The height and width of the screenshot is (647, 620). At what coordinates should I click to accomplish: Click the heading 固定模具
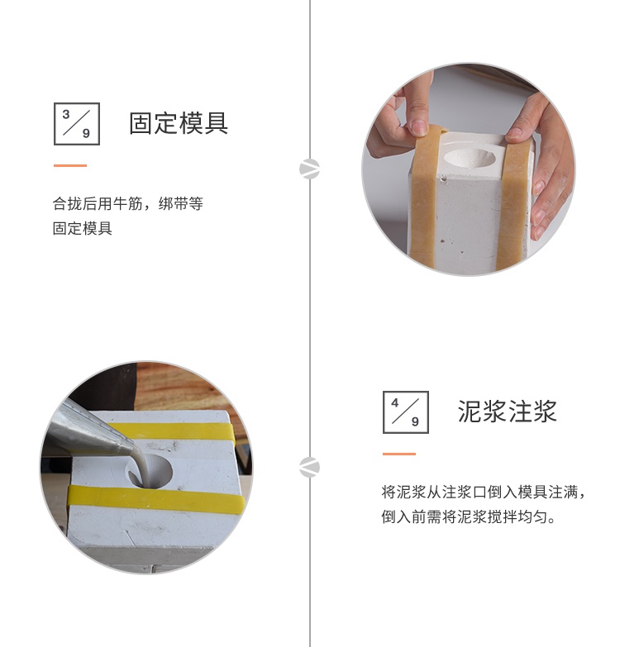click(x=179, y=123)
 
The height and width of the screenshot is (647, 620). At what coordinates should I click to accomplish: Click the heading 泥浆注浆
click(x=508, y=412)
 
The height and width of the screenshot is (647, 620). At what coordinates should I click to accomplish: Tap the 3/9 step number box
click(x=77, y=124)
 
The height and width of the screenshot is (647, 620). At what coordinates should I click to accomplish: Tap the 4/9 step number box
click(x=406, y=412)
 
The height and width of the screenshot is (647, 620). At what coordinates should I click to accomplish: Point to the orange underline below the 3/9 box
click(x=70, y=165)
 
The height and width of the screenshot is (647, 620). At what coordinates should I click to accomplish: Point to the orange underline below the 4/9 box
click(x=399, y=454)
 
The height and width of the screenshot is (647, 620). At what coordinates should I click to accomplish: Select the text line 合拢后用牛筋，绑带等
click(x=128, y=204)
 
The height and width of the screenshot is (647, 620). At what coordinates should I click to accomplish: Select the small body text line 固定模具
click(x=83, y=228)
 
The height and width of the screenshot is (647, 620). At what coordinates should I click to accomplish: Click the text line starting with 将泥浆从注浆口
click(x=484, y=492)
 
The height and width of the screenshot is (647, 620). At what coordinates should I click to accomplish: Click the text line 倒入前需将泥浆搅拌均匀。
click(x=469, y=516)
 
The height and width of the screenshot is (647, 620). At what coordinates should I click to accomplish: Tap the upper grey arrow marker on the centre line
click(x=310, y=169)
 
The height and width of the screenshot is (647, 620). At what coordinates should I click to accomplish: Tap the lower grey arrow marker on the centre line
click(x=310, y=467)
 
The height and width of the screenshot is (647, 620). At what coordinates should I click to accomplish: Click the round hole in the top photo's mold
click(x=470, y=158)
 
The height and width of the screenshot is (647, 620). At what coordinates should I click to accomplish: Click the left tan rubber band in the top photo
click(x=425, y=198)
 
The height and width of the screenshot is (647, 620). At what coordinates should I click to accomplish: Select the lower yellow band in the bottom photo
click(x=156, y=499)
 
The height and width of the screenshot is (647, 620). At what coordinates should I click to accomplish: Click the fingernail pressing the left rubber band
click(x=419, y=127)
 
